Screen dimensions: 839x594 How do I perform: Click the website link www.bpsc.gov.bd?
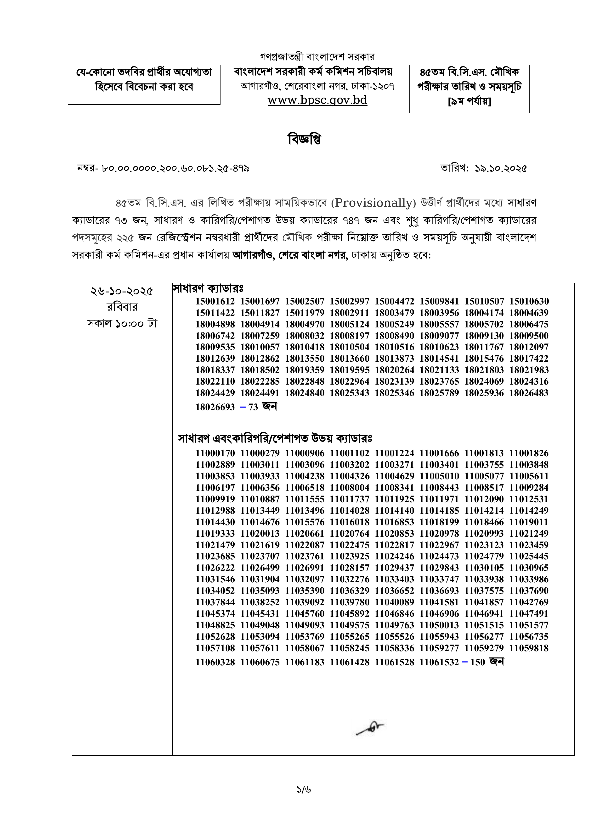317,100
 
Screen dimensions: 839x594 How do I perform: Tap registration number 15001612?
215,301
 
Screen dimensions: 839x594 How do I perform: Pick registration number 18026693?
215,407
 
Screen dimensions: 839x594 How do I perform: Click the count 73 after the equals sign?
253,407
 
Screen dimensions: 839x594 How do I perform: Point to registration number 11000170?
215,453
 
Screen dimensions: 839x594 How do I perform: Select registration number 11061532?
439,662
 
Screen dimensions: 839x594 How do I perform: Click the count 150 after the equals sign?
477,662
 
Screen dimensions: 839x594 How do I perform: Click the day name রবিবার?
122,307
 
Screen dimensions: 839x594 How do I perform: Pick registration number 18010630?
529,301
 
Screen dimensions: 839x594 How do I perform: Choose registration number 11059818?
529,648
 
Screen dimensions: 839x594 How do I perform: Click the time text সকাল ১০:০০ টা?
122,323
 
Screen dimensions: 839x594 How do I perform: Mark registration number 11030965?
529,568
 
